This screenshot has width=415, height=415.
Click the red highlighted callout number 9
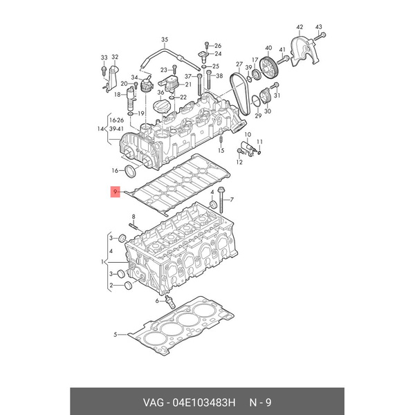click(115, 192)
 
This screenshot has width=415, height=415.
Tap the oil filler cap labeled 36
click(161, 106)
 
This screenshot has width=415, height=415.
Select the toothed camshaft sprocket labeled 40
click(268, 68)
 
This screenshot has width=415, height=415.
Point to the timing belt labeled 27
click(240, 93)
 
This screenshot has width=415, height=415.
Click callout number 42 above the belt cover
click(299, 27)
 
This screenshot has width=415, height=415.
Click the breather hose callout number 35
click(165, 39)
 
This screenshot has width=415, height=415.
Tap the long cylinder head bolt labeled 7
click(221, 200)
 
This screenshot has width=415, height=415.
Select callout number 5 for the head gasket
click(115, 335)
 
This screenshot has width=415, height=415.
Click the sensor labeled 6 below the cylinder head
click(169, 302)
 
